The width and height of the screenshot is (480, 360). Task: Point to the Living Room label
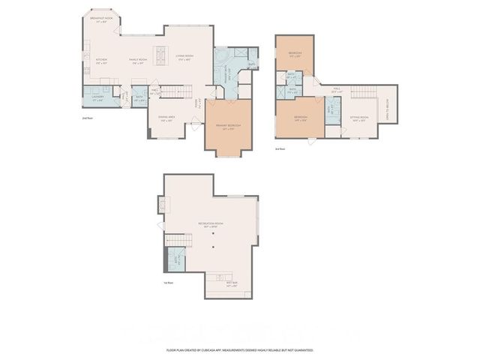(x=184, y=57)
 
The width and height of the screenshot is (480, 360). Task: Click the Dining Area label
(x=166, y=118)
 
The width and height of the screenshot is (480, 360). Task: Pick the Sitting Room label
(x=359, y=118)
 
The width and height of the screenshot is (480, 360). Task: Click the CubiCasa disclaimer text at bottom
(x=240, y=350)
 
